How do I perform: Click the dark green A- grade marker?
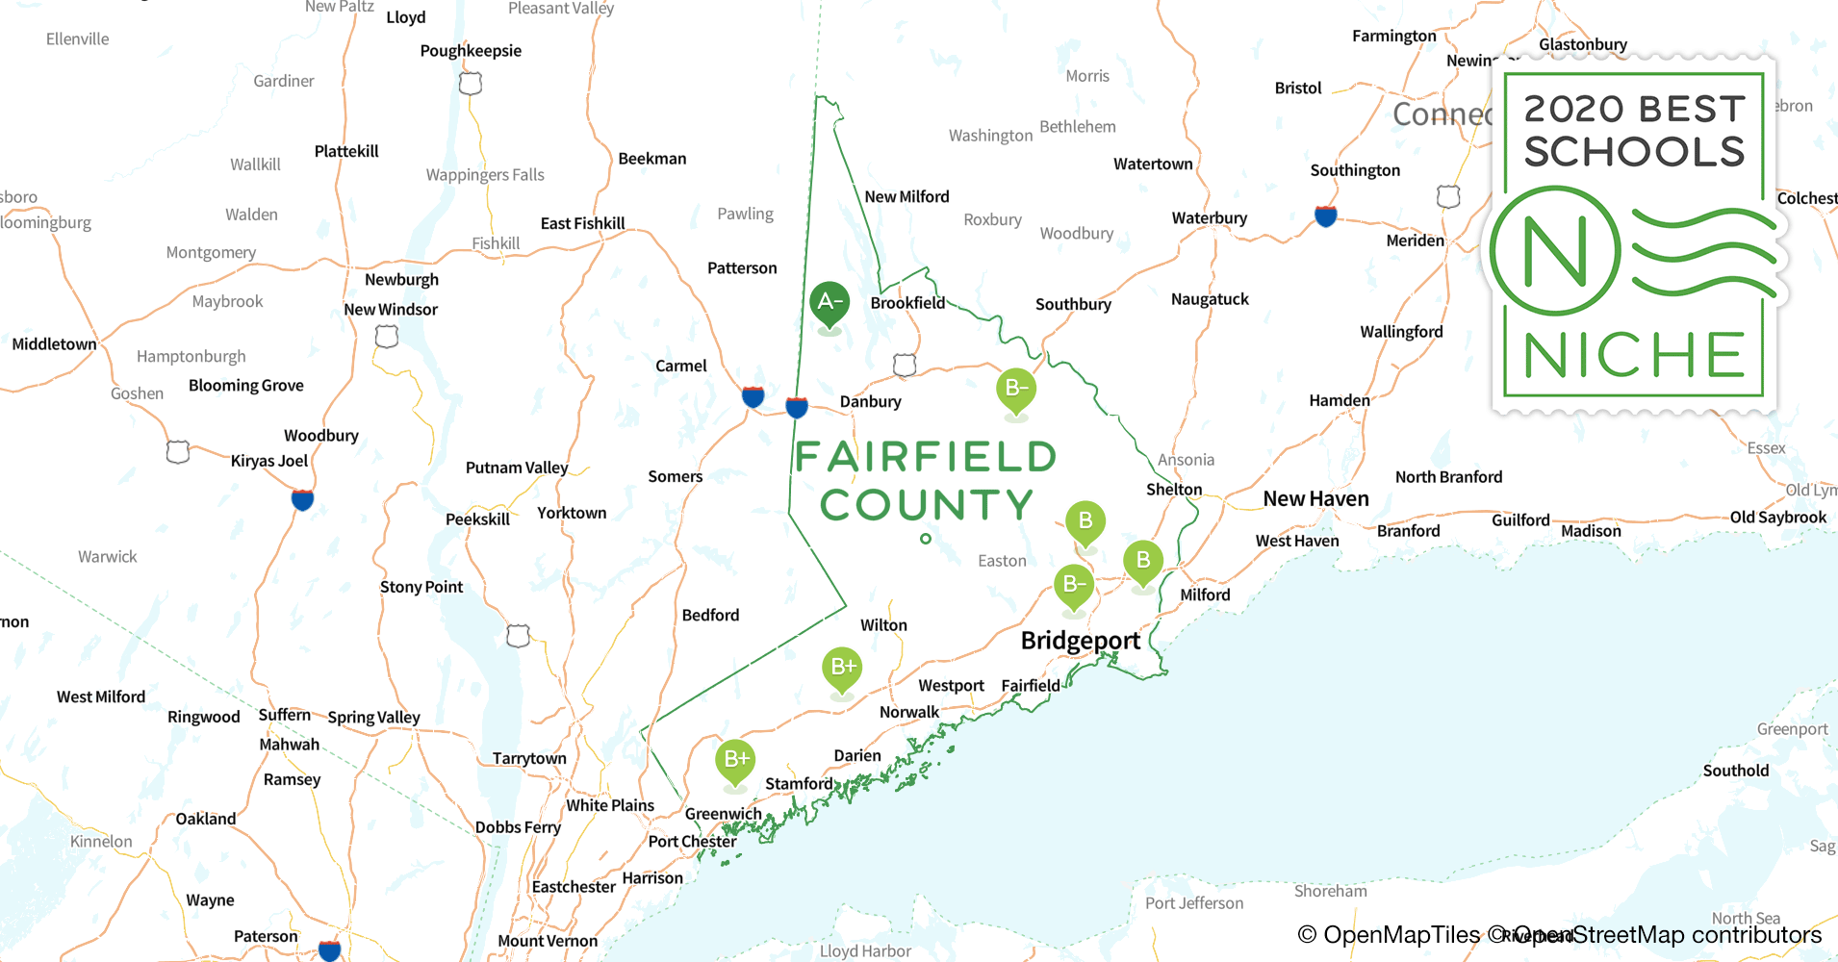829,303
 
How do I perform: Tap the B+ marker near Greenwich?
735,760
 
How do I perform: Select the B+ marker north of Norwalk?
842,668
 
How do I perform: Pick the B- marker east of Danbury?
1016,390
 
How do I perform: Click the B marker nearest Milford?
1143,561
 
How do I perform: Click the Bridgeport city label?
1080,641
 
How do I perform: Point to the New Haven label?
1315,499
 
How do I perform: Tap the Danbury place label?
870,402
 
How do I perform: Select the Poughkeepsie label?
471,51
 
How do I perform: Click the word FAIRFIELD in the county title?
926,458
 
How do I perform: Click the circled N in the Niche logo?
1555,252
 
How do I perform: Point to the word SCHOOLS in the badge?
1634,152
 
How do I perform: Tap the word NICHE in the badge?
1634,356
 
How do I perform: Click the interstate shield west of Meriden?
1325,216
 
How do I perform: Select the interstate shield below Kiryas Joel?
302,500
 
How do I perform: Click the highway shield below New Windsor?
387,337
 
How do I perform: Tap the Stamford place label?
799,784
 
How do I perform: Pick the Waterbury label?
1209,218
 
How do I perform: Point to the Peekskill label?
477,519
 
